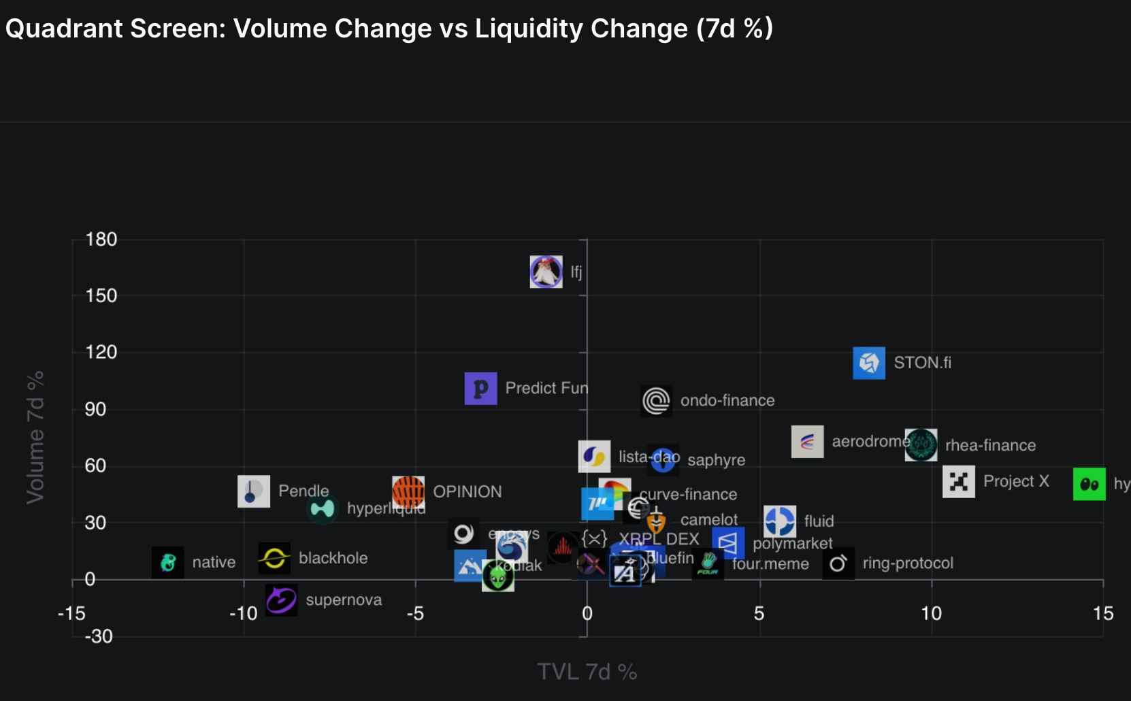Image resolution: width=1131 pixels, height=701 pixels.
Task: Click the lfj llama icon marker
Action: (x=546, y=272)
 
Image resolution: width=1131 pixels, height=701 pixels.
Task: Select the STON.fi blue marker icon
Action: (x=869, y=363)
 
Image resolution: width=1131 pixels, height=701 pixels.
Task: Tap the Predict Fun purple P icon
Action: (x=480, y=388)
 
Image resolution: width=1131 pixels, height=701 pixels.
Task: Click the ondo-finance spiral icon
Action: (x=656, y=401)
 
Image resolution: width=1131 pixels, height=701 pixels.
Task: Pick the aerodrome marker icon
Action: (x=807, y=442)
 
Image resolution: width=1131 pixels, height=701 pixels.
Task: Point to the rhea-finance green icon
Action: (x=921, y=445)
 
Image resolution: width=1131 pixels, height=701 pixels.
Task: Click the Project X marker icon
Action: (x=958, y=482)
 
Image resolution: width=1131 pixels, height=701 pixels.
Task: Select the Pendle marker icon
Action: (x=253, y=491)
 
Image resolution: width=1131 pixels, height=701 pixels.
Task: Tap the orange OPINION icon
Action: (x=408, y=491)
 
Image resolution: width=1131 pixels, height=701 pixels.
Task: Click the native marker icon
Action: (x=167, y=562)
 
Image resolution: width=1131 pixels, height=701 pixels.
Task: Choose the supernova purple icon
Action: (x=281, y=600)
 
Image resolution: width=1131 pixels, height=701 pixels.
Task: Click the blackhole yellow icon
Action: (x=274, y=558)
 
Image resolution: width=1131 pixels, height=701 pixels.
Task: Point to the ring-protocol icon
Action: (x=838, y=564)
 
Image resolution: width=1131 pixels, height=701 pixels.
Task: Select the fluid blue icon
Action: (x=779, y=521)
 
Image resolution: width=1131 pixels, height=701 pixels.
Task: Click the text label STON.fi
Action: (x=922, y=363)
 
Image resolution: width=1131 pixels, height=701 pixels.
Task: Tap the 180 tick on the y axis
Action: (x=101, y=240)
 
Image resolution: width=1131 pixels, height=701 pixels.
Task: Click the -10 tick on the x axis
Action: (x=243, y=614)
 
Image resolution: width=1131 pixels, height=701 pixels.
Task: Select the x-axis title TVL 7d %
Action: (x=587, y=672)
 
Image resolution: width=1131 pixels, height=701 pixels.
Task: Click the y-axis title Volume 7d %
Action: (x=35, y=438)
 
